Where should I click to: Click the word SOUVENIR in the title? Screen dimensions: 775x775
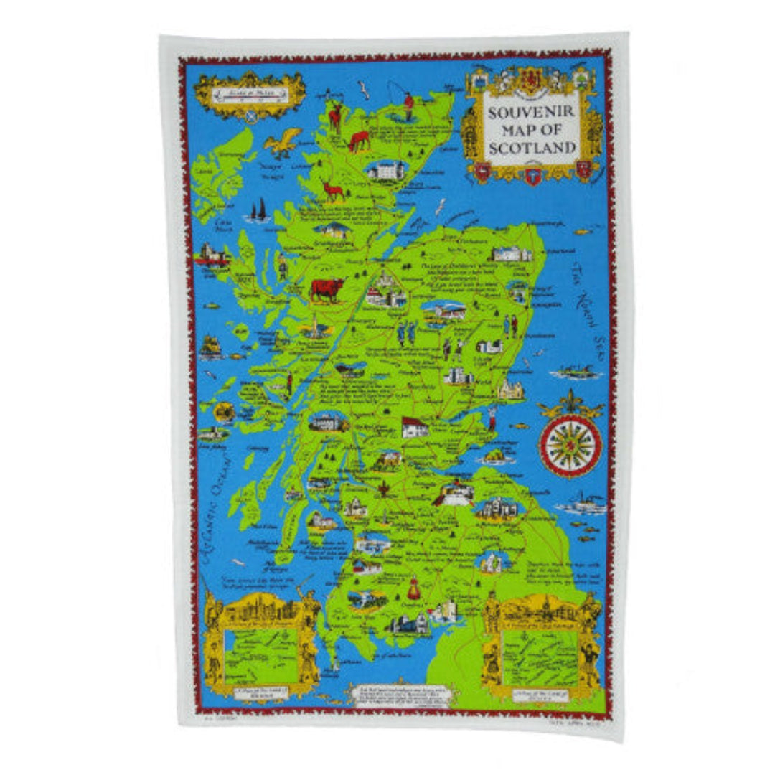(532, 112)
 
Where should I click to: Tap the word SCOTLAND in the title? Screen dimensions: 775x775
(532, 148)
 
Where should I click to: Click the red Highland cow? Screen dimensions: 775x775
(327, 289)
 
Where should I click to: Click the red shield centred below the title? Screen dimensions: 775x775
(532, 174)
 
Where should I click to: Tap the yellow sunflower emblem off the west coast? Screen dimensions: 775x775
(225, 412)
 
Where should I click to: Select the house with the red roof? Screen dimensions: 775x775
(414, 427)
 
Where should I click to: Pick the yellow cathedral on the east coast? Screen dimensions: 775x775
(511, 390)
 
